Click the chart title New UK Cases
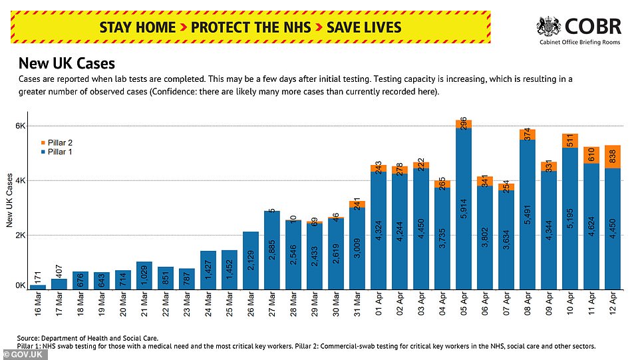point(67,64)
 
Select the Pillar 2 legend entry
point(59,142)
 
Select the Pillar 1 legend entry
point(59,152)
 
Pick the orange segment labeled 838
point(613,157)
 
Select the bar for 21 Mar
point(144,276)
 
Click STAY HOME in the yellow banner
point(137,27)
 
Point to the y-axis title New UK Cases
point(10,197)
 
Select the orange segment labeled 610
point(591,155)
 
